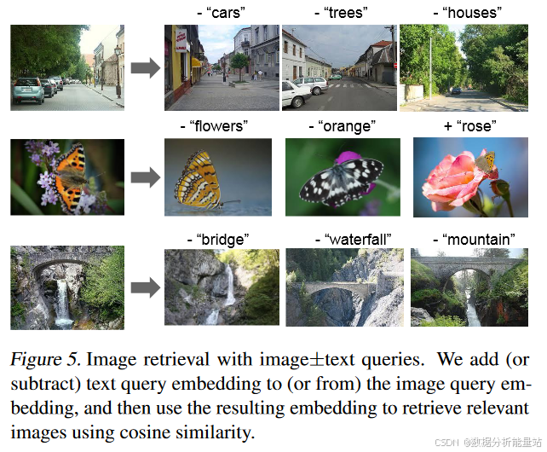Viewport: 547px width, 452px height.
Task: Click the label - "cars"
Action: [221, 13]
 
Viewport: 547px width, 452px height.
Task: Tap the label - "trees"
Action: [341, 13]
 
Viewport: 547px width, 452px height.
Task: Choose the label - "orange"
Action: [342, 126]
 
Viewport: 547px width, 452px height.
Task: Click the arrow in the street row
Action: [144, 68]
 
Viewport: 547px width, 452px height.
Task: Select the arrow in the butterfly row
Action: [144, 177]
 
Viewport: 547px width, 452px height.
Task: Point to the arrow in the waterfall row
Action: [144, 288]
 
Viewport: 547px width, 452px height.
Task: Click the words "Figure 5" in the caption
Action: [43, 359]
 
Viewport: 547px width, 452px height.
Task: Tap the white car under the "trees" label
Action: [307, 88]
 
